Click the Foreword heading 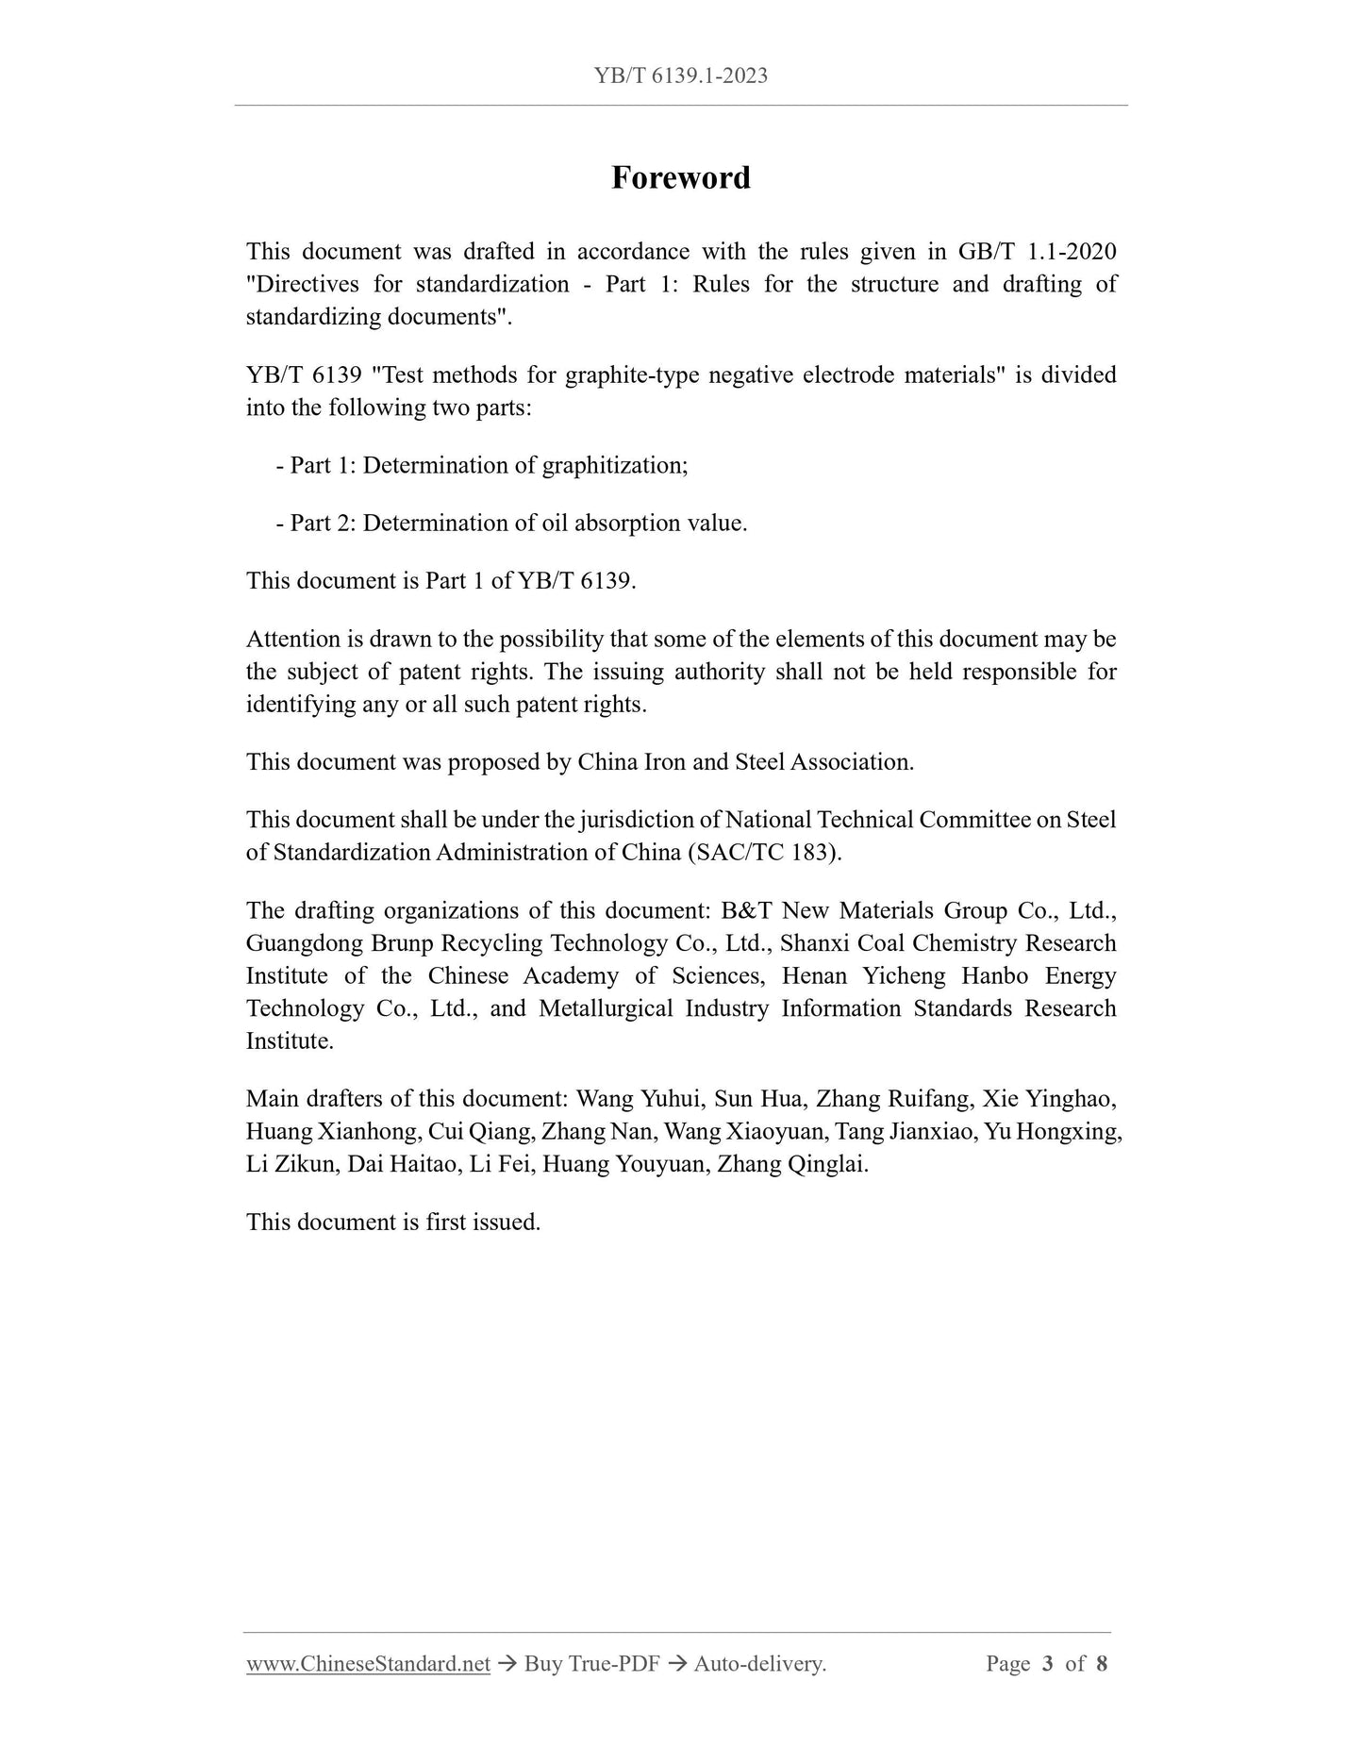(680, 177)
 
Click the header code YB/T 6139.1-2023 (681, 75)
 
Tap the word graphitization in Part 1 (613, 465)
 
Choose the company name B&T (744, 910)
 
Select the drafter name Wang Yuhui (639, 1099)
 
